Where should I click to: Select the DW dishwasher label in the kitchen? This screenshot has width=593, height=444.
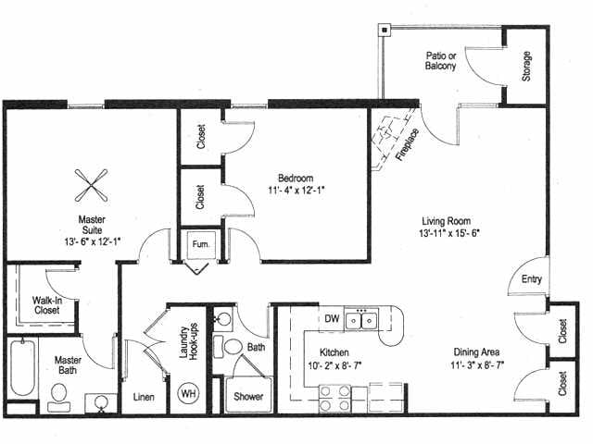tap(331, 319)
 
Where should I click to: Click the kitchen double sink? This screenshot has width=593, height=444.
tap(362, 320)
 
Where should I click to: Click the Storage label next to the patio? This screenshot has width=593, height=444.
tap(526, 65)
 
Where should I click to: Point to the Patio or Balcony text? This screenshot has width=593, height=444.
tap(441, 60)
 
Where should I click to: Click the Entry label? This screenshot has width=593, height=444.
tap(532, 279)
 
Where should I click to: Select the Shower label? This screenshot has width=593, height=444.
tap(247, 397)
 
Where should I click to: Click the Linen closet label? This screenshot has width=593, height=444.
tap(144, 397)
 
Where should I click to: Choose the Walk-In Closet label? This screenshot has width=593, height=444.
tap(46, 305)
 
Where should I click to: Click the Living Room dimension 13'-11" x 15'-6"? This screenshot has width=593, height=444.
tap(450, 233)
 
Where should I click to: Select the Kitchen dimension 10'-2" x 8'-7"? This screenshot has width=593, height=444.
tap(339, 365)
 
